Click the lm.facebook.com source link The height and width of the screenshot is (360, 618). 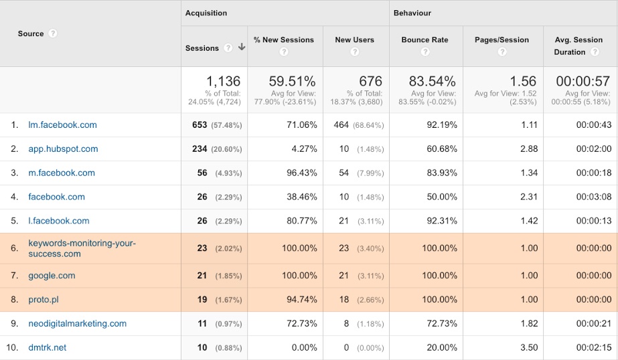(62, 124)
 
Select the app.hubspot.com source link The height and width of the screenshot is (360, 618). (63, 149)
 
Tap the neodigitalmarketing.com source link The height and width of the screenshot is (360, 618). (77, 323)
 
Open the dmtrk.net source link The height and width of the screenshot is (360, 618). (47, 347)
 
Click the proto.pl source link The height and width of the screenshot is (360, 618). (44, 299)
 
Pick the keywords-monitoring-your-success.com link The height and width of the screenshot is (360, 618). (82, 248)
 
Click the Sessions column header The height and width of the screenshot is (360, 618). (202, 48)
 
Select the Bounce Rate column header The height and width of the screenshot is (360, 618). (424, 39)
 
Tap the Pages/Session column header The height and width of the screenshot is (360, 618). (501, 39)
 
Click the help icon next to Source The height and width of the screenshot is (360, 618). (53, 33)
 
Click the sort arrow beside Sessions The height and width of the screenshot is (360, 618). (242, 48)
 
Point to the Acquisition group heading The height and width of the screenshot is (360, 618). (206, 13)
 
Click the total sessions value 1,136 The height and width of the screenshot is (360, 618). (223, 82)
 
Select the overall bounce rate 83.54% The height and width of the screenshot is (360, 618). (432, 82)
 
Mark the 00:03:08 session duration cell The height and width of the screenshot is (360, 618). (593, 197)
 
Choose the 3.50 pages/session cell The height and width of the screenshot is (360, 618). (528, 347)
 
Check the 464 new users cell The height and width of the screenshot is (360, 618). (341, 124)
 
